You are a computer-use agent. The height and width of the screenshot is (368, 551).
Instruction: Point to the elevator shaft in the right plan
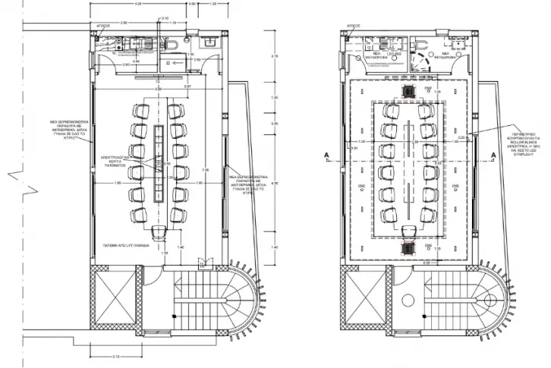tap(358, 300)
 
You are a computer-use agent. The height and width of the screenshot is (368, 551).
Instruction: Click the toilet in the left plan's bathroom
tap(175, 47)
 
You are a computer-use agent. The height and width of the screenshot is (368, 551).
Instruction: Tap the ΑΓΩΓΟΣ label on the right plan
tap(353, 26)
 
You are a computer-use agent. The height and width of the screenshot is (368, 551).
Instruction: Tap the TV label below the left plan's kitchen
tap(160, 78)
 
